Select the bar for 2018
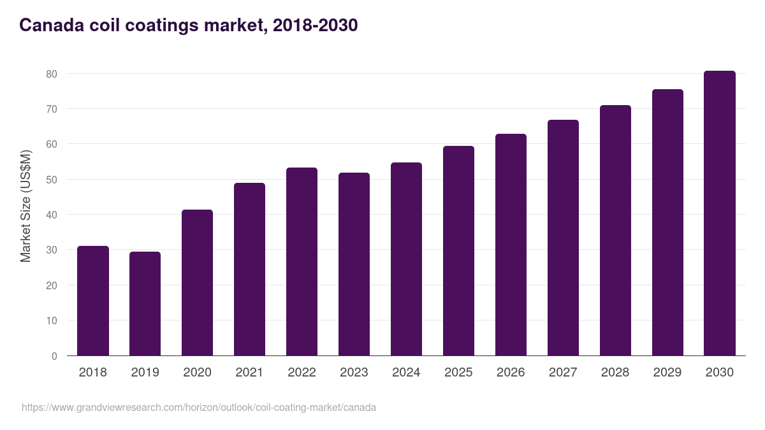tap(93, 301)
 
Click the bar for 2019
tap(145, 304)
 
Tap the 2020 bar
tap(197, 283)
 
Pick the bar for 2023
tap(354, 264)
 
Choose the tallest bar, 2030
tap(720, 213)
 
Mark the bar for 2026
tap(511, 245)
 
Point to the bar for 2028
tap(615, 231)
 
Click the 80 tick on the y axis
tap(52, 74)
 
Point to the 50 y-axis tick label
tap(52, 180)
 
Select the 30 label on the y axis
tap(52, 250)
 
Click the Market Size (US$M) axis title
tap(26, 206)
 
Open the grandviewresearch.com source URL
tap(199, 407)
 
